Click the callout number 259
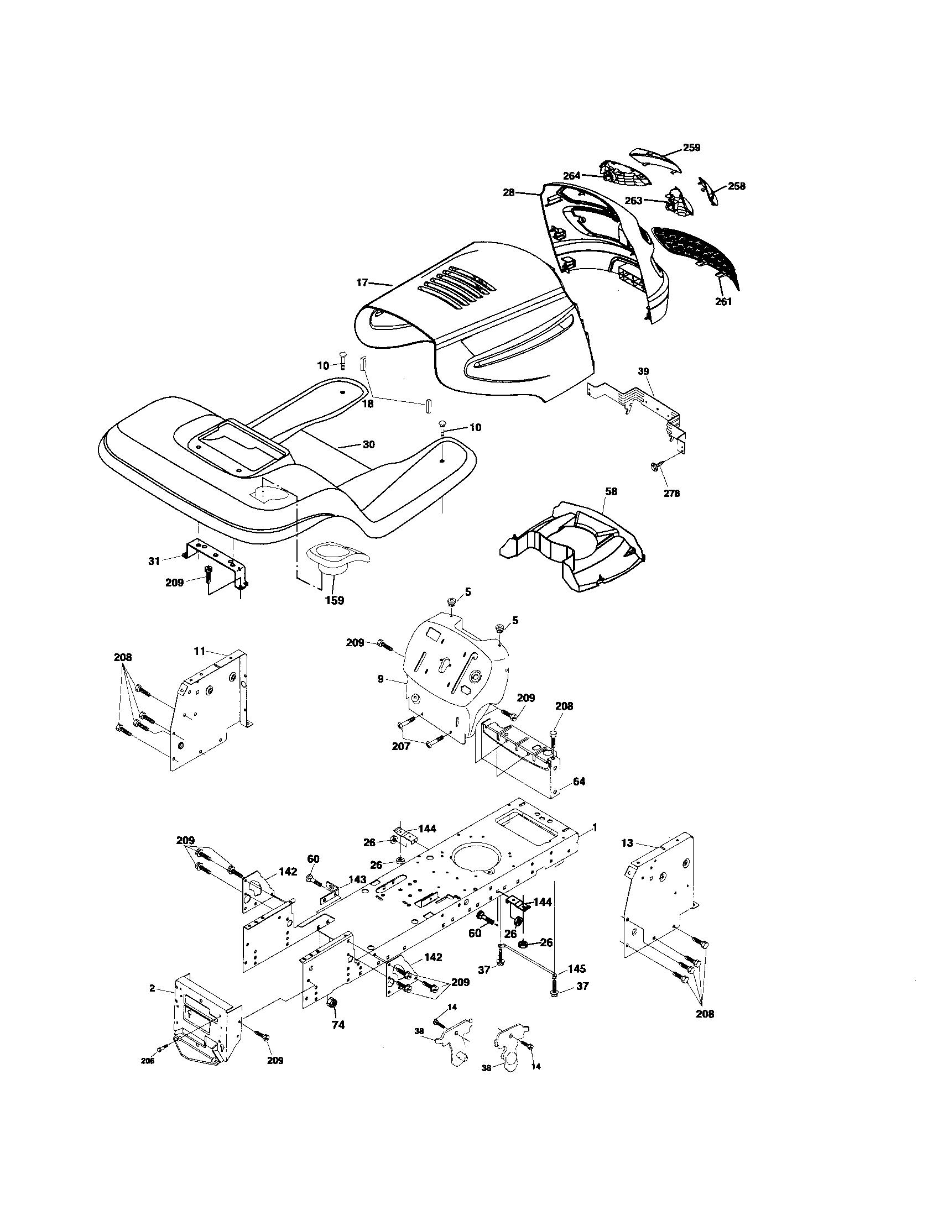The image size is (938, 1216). click(x=691, y=148)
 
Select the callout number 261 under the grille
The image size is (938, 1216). click(x=723, y=302)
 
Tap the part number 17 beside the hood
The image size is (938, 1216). click(x=362, y=283)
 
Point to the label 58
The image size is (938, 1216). click(x=611, y=491)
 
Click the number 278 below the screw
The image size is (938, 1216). click(x=672, y=492)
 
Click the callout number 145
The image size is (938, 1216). click(x=577, y=969)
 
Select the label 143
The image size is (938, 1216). click(x=357, y=880)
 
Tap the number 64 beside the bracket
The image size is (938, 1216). click(x=579, y=782)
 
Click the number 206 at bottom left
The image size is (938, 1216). click(x=148, y=1061)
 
